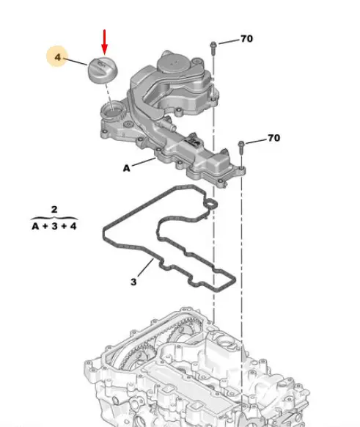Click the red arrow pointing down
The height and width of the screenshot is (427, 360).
click(x=105, y=43)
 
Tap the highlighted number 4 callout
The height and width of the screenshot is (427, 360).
click(x=57, y=57)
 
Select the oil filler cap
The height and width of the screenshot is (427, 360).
click(x=102, y=70)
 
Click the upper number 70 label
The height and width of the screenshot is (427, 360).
click(x=246, y=39)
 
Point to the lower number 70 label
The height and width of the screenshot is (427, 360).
click(x=273, y=138)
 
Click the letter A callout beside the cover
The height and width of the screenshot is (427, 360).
click(x=127, y=169)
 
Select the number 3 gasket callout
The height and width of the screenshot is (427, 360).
click(x=133, y=282)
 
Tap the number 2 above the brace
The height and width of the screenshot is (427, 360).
click(x=54, y=209)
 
